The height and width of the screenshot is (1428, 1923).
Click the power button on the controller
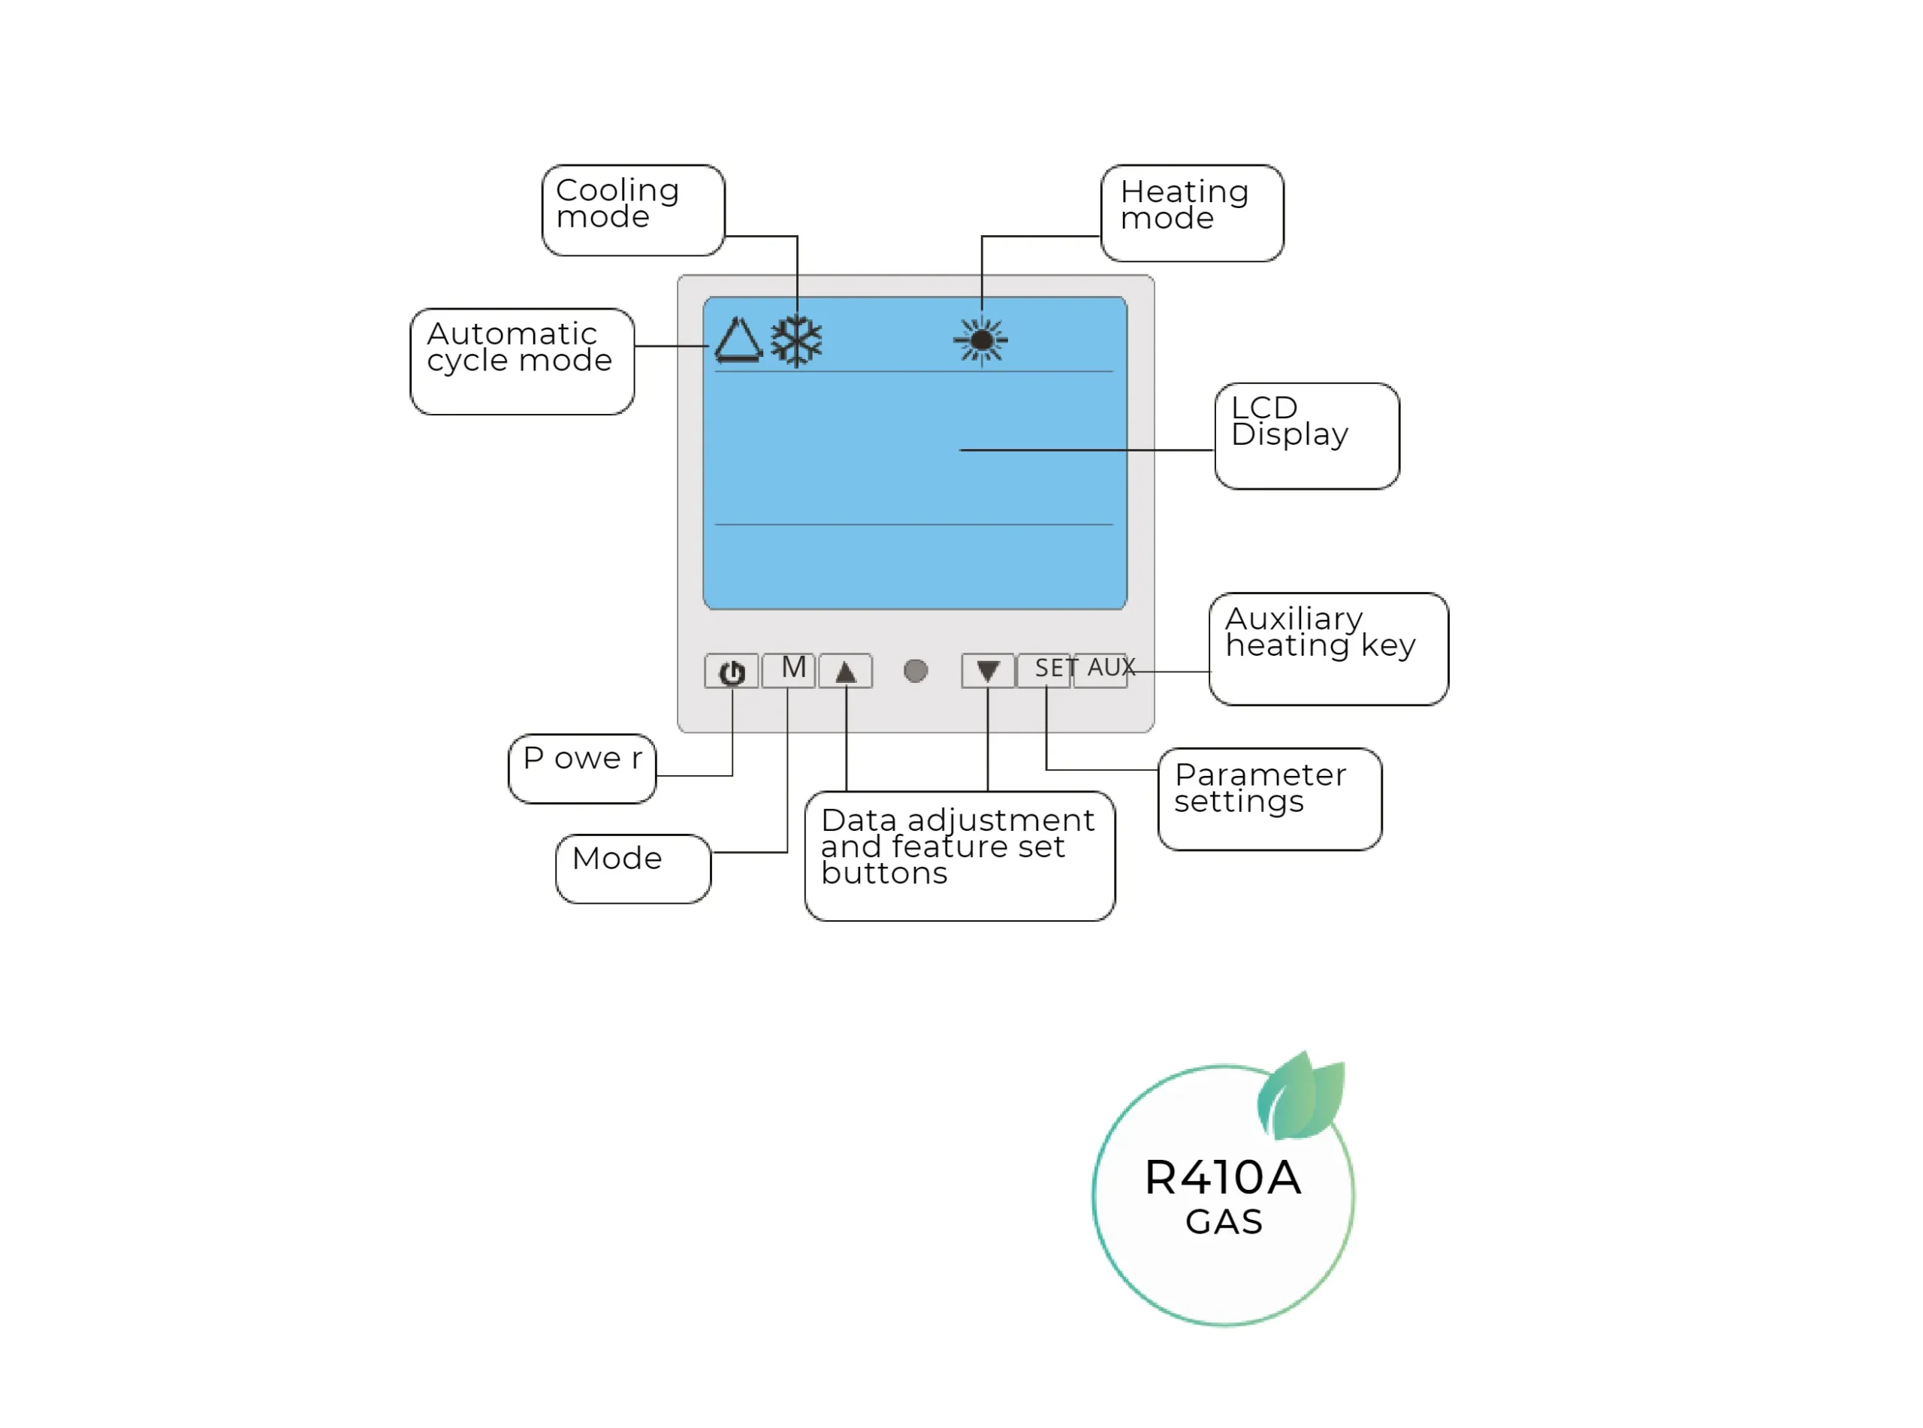click(x=731, y=672)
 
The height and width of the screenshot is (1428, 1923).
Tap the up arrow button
click(x=845, y=672)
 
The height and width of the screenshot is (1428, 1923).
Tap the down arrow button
click(x=987, y=671)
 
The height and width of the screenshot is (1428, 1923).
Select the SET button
click(x=1045, y=670)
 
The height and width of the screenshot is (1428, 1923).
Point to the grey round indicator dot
click(x=915, y=671)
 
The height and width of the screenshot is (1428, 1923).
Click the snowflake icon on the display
click(x=796, y=340)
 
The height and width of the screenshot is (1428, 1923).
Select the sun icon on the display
click(x=981, y=340)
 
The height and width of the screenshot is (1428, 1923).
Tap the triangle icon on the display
click(x=738, y=340)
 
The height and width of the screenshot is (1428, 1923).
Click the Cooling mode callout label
click(x=632, y=210)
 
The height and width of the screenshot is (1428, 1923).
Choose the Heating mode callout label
click(x=1192, y=213)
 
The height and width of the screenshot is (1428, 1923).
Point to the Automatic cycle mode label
click(x=521, y=361)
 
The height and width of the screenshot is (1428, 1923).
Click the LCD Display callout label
click(x=1306, y=436)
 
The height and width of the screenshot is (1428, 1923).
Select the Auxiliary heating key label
click(x=1327, y=648)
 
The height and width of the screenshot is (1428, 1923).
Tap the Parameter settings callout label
click(x=1269, y=799)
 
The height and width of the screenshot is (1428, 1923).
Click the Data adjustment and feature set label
click(x=958, y=856)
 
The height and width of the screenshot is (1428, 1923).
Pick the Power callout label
click(x=581, y=768)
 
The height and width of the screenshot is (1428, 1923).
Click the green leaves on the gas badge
click(x=1302, y=1096)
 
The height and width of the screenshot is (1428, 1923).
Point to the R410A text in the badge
click(x=1222, y=1177)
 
